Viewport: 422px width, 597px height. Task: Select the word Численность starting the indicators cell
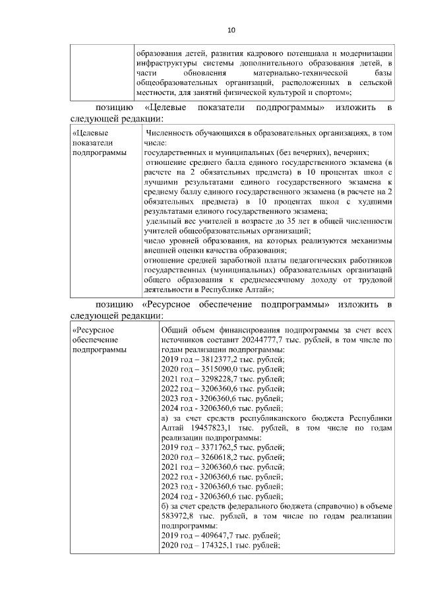point(173,133)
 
